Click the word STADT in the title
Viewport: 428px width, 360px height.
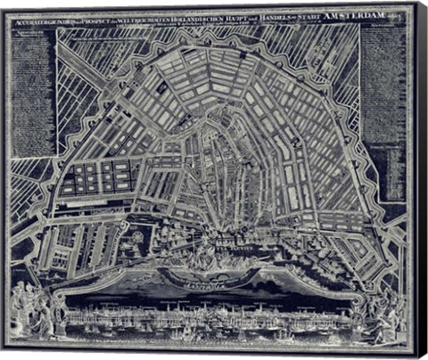(x=308, y=19)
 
